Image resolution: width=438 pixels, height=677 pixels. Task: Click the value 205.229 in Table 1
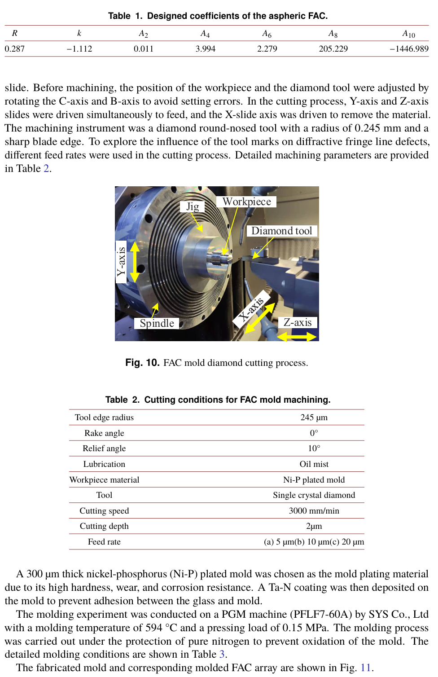coord(333,48)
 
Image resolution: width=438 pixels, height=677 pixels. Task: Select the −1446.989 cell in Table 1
coord(409,48)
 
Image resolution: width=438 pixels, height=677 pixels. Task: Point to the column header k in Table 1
coord(79,33)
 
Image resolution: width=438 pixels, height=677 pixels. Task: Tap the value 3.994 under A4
coord(206,48)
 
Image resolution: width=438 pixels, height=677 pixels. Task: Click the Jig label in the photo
coord(193,207)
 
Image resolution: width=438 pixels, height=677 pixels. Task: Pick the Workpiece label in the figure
coord(246,202)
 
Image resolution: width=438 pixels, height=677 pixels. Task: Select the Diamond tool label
coord(281,231)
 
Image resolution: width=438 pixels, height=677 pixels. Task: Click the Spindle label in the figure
coord(157,323)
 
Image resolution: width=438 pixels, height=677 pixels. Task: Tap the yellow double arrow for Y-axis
coord(135,262)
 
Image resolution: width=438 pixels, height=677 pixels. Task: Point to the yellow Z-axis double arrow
coord(297,336)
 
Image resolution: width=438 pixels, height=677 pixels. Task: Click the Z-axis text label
coord(298,322)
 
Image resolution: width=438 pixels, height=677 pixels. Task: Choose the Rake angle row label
coord(104,433)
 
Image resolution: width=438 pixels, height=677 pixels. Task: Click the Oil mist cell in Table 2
coord(314,464)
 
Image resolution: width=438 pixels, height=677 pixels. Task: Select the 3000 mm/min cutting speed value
coord(314,510)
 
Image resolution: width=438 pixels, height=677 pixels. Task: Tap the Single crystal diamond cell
coord(314,495)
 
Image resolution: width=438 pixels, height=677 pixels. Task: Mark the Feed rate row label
coord(104,541)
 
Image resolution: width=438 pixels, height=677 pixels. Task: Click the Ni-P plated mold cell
coord(314,479)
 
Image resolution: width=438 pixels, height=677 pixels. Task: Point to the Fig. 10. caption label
coord(142,363)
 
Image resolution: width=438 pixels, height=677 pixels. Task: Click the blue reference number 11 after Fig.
coord(365,668)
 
